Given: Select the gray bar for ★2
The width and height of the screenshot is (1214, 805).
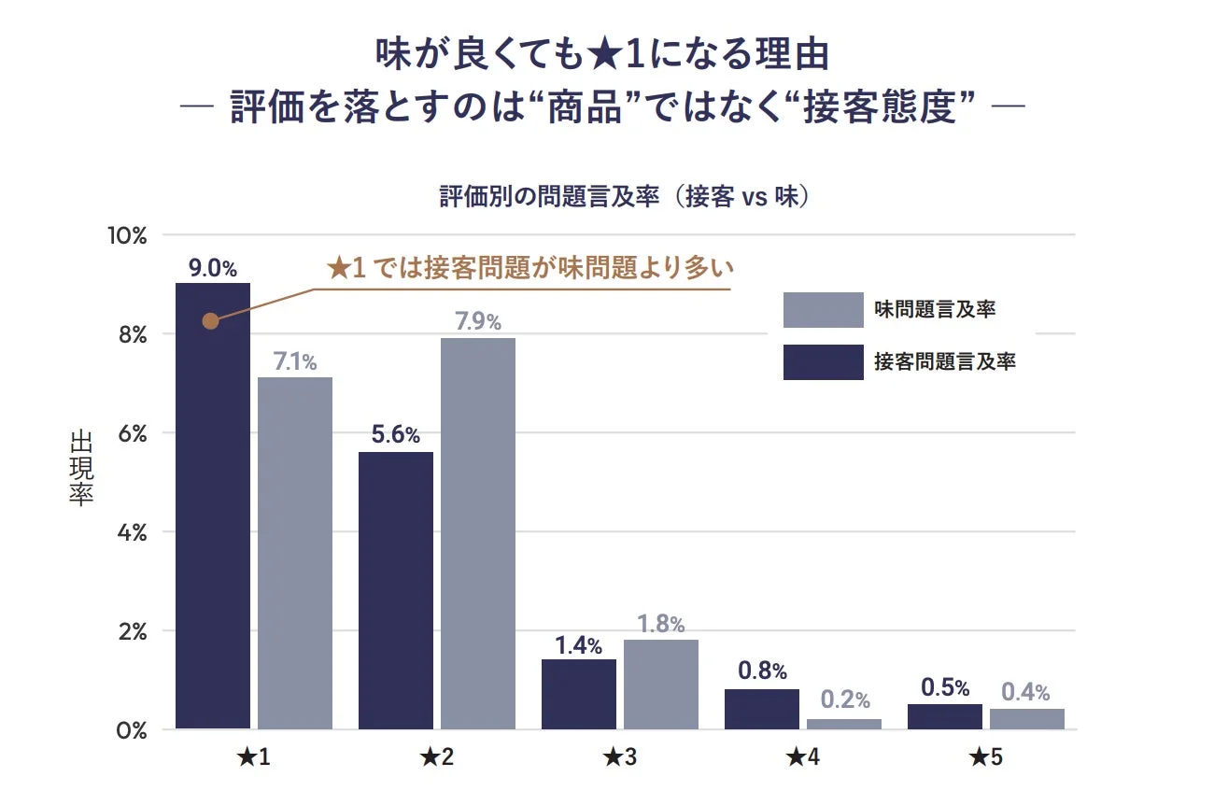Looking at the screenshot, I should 478,533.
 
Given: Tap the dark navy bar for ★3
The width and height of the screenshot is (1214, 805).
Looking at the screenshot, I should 579,694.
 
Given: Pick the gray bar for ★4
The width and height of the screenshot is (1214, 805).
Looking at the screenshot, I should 844,724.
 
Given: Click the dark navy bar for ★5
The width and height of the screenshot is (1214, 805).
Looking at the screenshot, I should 945,716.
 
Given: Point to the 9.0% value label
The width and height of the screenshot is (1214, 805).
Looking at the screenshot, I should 213,269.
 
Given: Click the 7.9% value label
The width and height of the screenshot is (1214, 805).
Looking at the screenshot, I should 478,323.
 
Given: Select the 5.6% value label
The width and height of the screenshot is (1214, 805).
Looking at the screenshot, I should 396,436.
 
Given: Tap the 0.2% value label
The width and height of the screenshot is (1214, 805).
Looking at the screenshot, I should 845,700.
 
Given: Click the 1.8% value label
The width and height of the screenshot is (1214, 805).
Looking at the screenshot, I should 661,624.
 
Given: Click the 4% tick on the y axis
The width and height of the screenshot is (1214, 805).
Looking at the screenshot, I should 132,532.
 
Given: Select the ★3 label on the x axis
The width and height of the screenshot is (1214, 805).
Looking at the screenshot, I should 619,757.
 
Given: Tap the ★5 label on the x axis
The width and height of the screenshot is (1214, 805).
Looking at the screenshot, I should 985,757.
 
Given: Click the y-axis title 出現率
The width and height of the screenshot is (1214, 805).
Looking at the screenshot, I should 81,468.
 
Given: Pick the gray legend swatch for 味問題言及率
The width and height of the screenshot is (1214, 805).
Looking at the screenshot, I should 823,310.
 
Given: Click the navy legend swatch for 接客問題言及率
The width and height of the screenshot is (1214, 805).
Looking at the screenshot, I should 823,362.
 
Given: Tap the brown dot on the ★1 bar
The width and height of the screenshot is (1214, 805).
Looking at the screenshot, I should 211,321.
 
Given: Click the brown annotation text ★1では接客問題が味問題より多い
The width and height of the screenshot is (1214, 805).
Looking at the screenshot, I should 530,269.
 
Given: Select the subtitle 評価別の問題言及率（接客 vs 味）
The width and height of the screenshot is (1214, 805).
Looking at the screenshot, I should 623,198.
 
